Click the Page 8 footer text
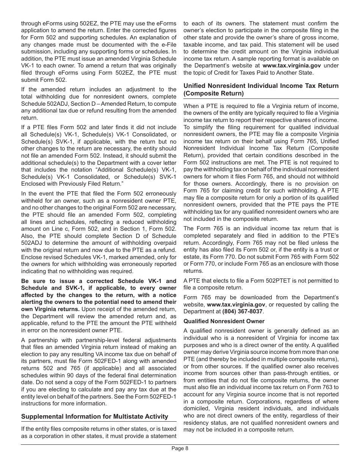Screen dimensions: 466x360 pyautogui.click(x=180, y=448)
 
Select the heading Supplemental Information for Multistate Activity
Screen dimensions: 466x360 pyautogui.click(x=94, y=416)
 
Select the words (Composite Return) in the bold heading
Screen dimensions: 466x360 pyautogui.click(x=214, y=93)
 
